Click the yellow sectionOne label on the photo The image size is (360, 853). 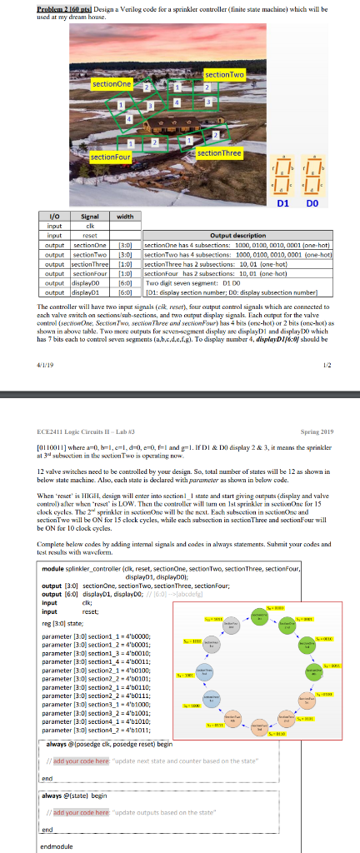pos(112,84)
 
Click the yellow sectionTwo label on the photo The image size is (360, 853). pos(224,76)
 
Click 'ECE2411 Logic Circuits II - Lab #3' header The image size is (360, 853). pos(82,433)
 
